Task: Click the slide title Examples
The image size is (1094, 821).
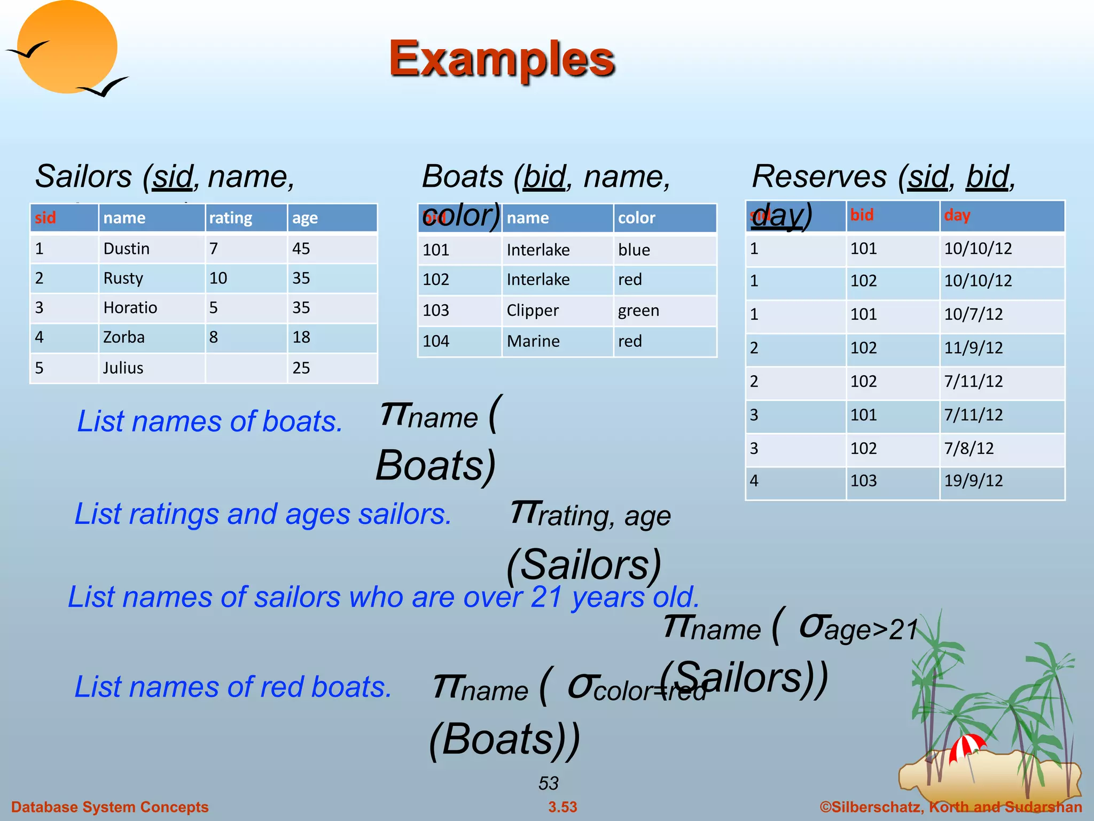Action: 502,59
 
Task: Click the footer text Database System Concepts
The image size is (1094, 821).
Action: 110,807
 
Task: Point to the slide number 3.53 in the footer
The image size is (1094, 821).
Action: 562,807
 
